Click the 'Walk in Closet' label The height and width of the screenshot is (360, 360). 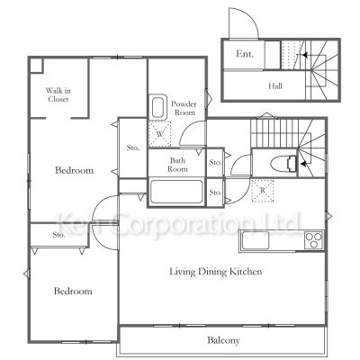point(58,94)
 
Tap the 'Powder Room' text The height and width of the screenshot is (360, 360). point(184,108)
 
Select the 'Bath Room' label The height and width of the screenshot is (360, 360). point(177,165)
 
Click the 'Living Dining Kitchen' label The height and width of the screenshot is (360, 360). point(216,272)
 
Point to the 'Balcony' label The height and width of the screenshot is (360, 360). point(223,340)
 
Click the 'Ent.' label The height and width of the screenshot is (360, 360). point(245,54)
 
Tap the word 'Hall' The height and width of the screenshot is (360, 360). point(275,86)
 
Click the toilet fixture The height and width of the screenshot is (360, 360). point(283,164)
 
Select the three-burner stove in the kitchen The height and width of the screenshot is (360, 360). point(314,240)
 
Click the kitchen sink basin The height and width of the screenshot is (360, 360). point(256,240)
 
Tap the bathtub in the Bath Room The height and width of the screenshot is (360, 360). point(176,192)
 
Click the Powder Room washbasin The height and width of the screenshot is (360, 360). point(158,107)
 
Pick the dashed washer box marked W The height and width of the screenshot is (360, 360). point(159,134)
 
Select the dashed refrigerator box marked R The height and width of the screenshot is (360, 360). point(263,191)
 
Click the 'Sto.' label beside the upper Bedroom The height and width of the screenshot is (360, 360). point(132,148)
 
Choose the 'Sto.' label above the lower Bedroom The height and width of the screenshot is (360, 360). point(58,235)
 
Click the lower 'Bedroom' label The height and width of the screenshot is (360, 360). point(73,291)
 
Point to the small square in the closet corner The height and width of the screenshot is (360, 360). point(36,66)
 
